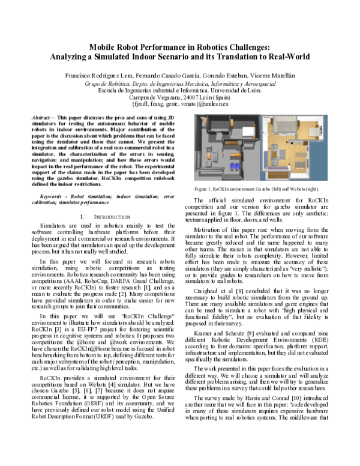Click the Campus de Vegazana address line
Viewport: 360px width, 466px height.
(x=180, y=97)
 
